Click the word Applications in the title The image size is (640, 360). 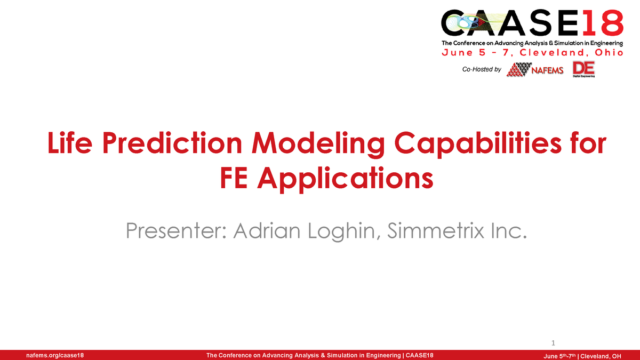(x=345, y=180)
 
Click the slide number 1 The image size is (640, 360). (x=553, y=342)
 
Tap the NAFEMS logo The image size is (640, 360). (x=535, y=70)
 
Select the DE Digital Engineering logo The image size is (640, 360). (x=583, y=69)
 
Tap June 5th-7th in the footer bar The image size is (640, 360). (x=559, y=355)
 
